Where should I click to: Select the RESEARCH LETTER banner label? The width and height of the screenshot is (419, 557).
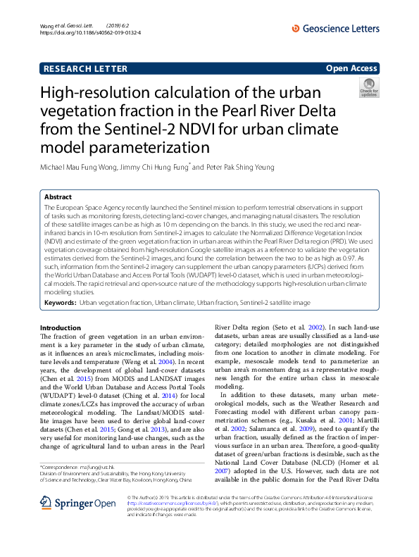click(x=85, y=68)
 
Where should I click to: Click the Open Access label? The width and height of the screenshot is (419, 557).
click(x=351, y=68)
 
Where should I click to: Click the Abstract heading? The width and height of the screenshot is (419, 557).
click(x=58, y=198)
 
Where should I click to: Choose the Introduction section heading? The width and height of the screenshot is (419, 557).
click(x=61, y=328)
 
